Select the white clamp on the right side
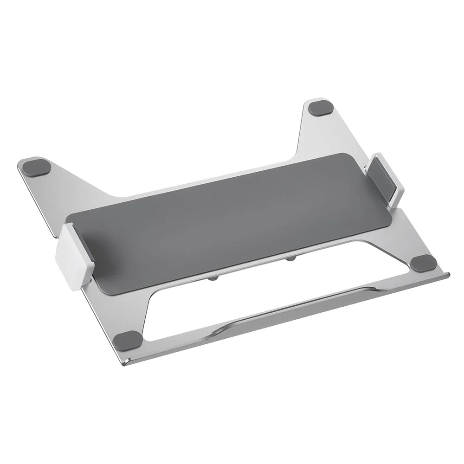[387, 179]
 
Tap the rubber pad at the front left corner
[128, 340]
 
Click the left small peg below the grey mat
[213, 278]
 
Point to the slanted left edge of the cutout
[148, 316]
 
